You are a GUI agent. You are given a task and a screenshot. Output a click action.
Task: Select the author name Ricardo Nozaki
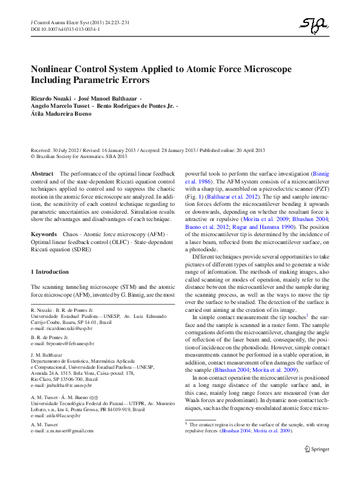pos(50,97)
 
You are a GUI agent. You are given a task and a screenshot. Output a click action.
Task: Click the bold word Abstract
pos(42,174)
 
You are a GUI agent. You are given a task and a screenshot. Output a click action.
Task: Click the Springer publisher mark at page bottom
pos(316,465)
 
